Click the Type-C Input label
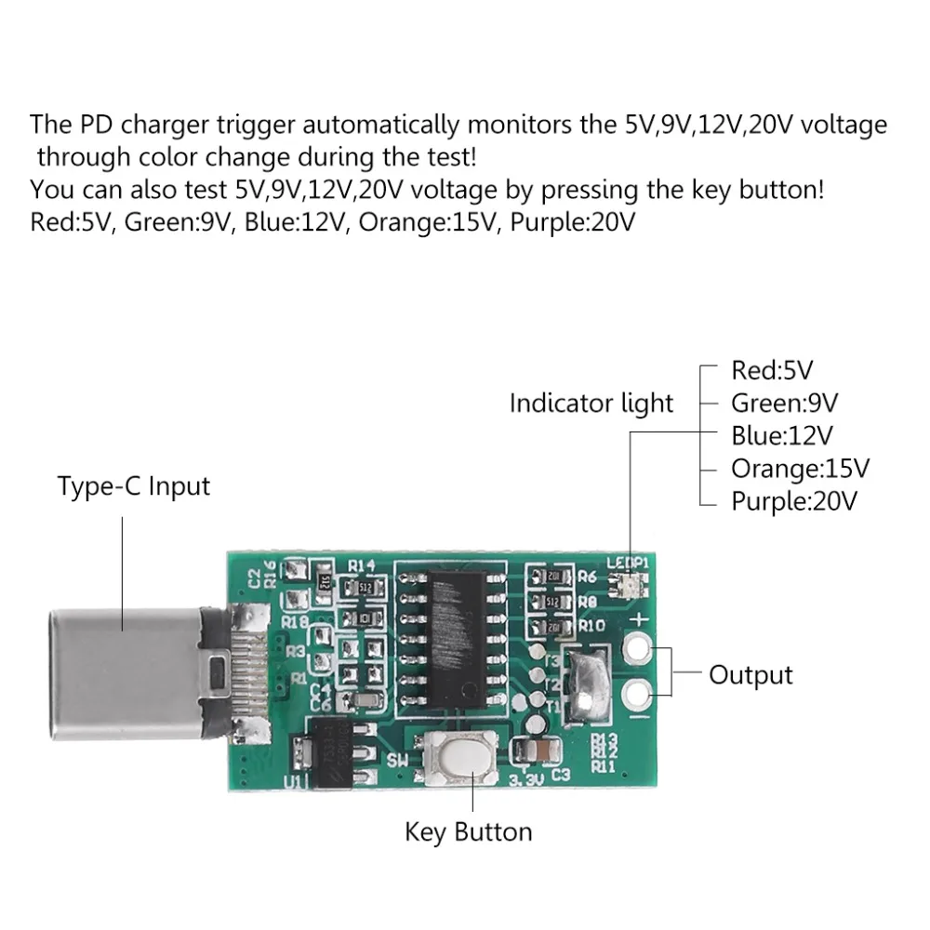point(134,485)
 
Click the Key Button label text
point(468,830)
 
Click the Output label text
point(751,674)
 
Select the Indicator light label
point(591,404)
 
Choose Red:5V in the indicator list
point(772,370)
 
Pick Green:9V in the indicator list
point(784,403)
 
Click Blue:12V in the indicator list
point(782,435)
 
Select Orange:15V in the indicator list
point(800,468)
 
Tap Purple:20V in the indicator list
point(793,501)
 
